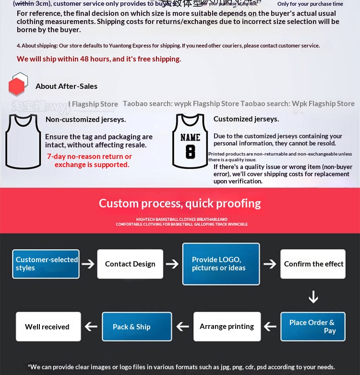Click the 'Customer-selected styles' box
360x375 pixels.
point(46,264)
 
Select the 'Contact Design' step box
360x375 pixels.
point(130,264)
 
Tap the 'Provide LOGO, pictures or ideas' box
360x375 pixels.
point(221,264)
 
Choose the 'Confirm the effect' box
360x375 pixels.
point(313,264)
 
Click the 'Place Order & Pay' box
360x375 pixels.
point(312,327)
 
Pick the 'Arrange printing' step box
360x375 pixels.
point(227,327)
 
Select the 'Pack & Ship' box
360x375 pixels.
point(137,327)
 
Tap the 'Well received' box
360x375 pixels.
point(48,327)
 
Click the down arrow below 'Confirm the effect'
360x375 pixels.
point(313,297)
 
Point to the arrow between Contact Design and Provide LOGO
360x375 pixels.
point(172,264)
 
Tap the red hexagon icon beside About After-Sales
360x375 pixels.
point(17,86)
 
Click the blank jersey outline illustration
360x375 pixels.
point(23,141)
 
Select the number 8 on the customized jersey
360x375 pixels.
point(191,152)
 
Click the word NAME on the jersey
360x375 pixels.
point(191,138)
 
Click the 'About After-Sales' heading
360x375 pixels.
point(66,86)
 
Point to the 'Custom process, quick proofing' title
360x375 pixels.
point(180,203)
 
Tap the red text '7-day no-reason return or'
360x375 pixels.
point(89,157)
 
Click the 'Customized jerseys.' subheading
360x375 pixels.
point(246,119)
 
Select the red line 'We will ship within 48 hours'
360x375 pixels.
point(99,59)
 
